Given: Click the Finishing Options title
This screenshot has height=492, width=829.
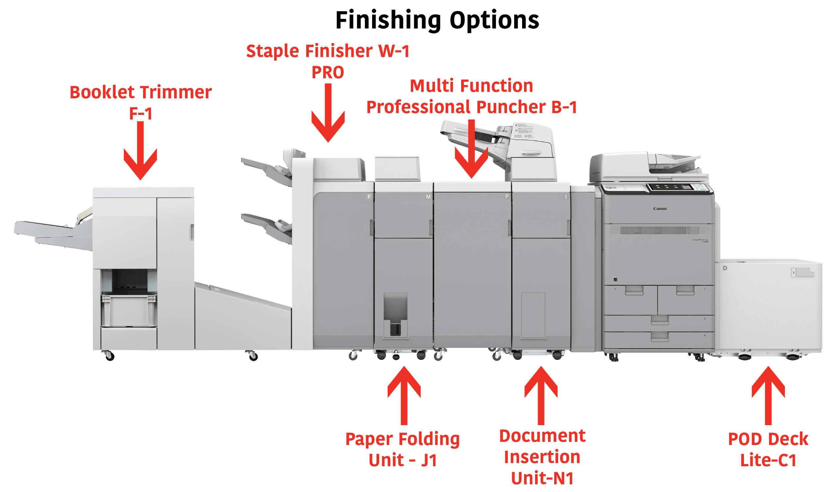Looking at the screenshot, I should [437, 21].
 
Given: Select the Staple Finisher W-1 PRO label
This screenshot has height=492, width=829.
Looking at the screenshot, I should [327, 61].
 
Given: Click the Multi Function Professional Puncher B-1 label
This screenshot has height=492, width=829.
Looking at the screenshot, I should [471, 96].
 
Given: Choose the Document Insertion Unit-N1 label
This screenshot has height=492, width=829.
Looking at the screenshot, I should [542, 457].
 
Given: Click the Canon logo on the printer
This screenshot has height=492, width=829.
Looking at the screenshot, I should [659, 209].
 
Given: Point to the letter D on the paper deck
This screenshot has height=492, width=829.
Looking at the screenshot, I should [725, 268].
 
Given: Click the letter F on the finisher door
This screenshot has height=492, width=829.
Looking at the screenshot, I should [369, 197].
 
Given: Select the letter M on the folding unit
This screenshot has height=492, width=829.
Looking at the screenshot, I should [428, 197].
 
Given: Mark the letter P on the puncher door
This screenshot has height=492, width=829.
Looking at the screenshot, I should [507, 197].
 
